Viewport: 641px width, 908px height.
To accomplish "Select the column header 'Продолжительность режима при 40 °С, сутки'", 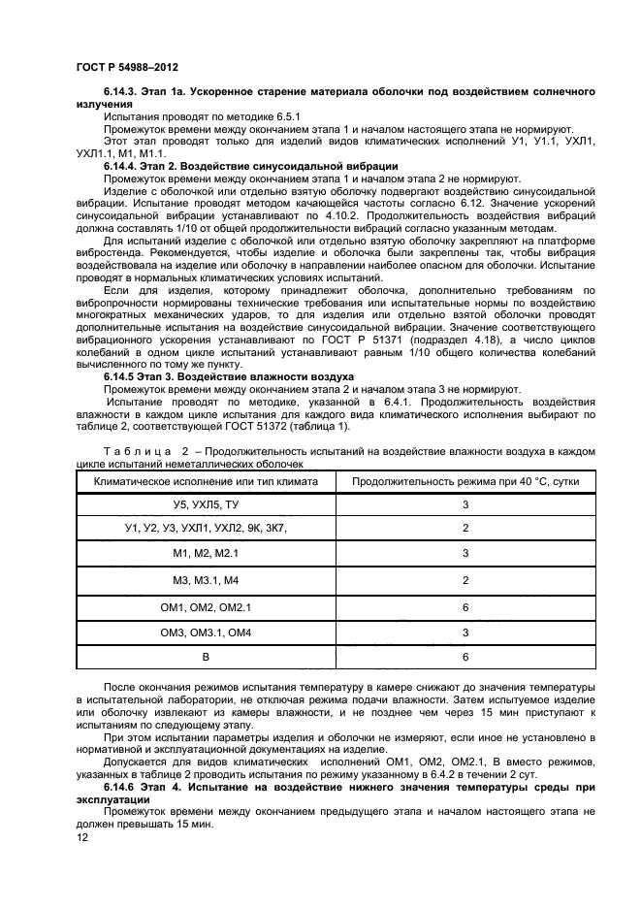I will click(x=465, y=481).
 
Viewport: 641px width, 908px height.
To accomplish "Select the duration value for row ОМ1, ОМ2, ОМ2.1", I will click(x=465, y=606).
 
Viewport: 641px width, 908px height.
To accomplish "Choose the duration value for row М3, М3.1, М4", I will click(x=465, y=581).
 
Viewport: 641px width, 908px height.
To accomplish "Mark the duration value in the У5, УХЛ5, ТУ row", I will click(x=465, y=505).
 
